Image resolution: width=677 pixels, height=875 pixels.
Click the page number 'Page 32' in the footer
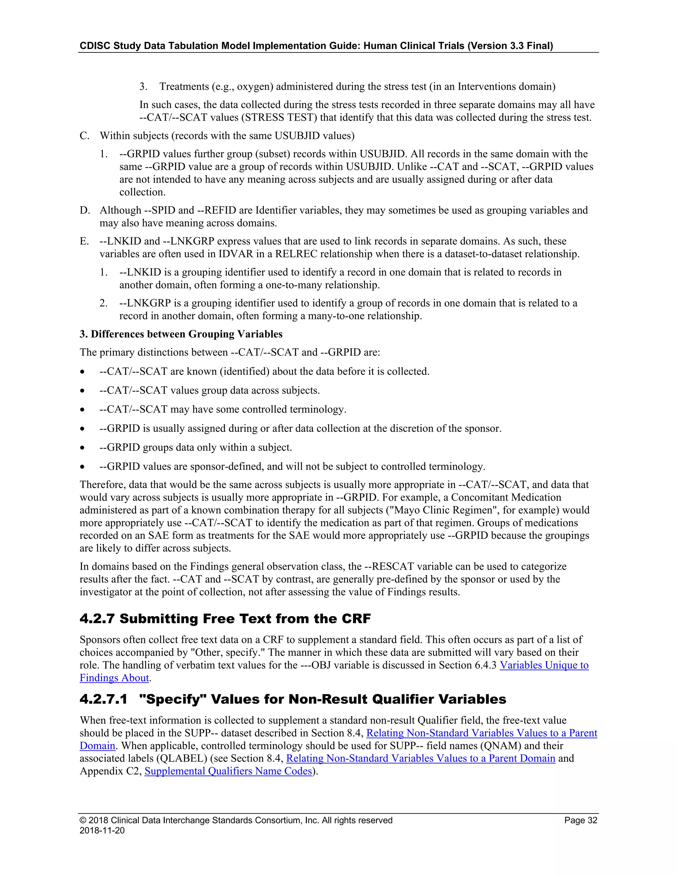[580, 820]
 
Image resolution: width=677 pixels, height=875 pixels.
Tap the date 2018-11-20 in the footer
[102, 830]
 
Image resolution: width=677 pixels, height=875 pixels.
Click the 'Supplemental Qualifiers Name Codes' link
[228, 771]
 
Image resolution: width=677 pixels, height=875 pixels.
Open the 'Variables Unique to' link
[544, 665]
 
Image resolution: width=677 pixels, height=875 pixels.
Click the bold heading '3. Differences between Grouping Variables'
[181, 334]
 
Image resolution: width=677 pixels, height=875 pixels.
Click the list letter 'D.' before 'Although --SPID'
[84, 210]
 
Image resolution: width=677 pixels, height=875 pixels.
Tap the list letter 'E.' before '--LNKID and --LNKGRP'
[84, 241]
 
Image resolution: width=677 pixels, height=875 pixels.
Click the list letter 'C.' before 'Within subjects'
[84, 136]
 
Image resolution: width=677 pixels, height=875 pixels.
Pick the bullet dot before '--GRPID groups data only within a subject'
[82, 447]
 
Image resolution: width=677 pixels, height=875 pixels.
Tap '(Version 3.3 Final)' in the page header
[510, 46]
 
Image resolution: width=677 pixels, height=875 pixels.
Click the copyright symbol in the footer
[83, 820]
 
